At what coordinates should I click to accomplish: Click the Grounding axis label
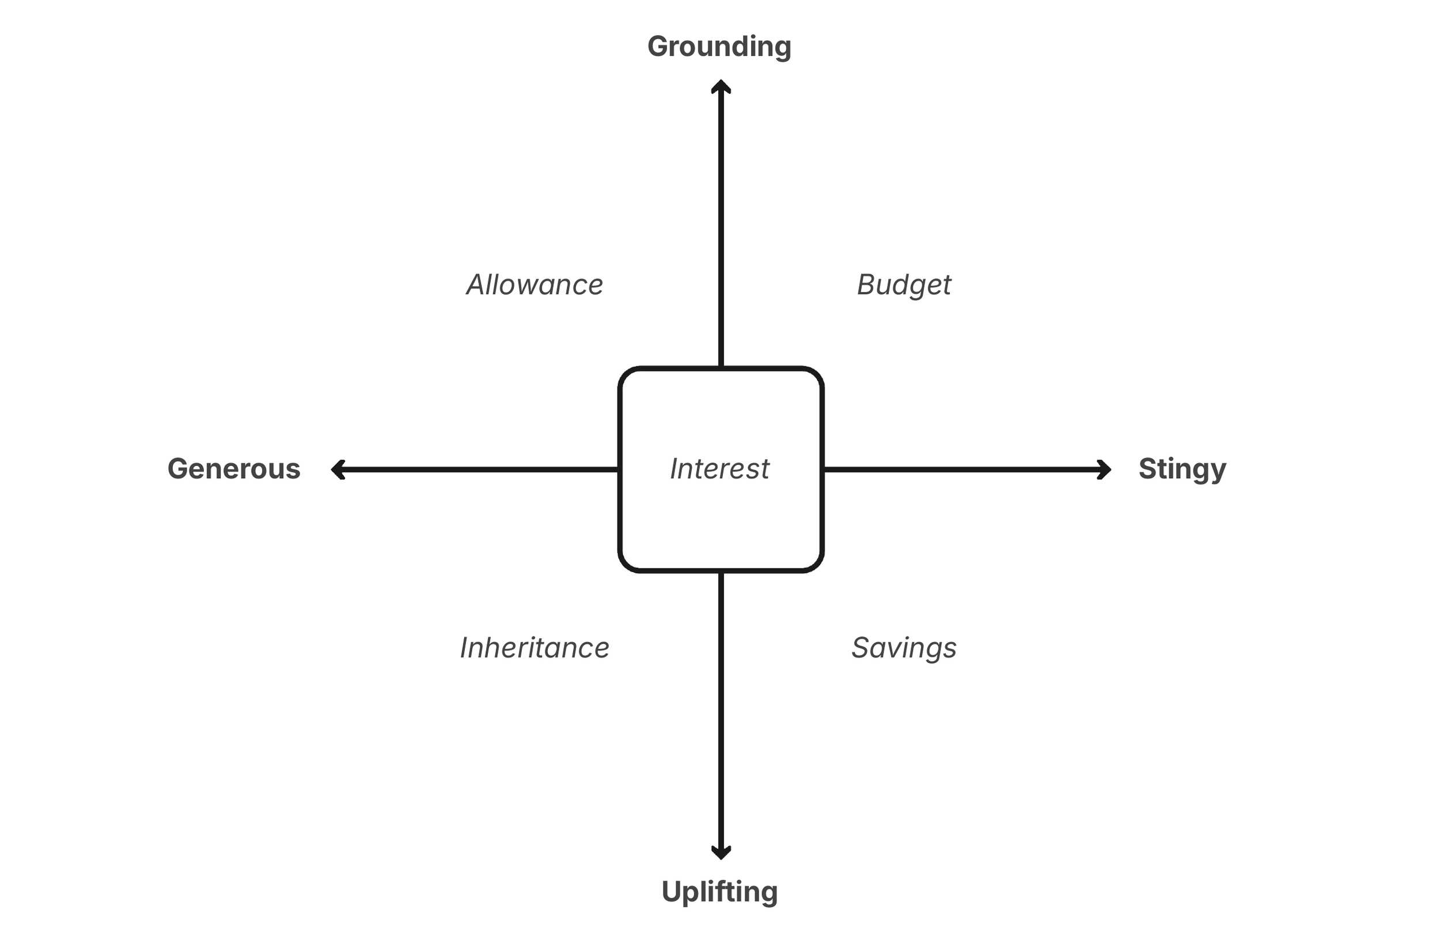[x=719, y=47]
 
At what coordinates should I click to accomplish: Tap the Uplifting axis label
[x=719, y=892]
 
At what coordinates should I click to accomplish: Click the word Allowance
[x=535, y=285]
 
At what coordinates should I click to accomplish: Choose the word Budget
[x=904, y=285]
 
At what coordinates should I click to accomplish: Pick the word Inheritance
[x=535, y=647]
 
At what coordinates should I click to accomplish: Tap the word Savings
[x=904, y=647]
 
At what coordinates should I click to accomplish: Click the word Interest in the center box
[x=719, y=469]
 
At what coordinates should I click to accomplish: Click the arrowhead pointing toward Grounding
[x=721, y=86]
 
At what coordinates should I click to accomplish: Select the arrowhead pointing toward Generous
[x=338, y=469]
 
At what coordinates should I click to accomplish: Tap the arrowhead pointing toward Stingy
[x=1104, y=469]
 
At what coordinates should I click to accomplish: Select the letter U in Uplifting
[x=672, y=892]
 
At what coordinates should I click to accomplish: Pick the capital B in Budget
[x=867, y=285]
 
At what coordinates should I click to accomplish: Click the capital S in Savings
[x=861, y=647]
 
